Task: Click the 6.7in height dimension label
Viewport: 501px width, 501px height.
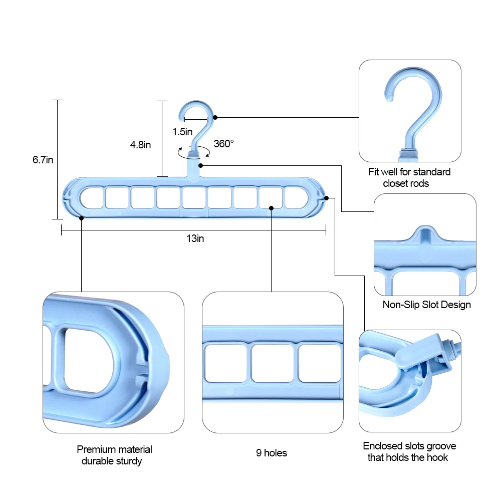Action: tap(43, 160)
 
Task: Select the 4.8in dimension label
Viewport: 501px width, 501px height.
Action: tap(140, 145)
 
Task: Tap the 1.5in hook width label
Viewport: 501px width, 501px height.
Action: tap(182, 132)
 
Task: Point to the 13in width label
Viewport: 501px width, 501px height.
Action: tap(195, 239)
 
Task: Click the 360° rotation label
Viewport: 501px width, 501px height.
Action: tap(224, 144)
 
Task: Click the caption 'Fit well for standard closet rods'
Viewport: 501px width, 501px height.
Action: tap(409, 178)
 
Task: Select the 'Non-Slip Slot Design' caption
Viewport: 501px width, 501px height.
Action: tap(426, 305)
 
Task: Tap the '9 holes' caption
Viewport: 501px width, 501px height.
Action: tap(272, 453)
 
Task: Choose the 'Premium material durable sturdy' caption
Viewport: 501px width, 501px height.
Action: tap(114, 455)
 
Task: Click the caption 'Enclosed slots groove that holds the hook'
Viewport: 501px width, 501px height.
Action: tap(409, 451)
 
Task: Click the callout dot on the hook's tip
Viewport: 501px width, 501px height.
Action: tap(215, 117)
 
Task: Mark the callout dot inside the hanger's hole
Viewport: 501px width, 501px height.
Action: tap(271, 207)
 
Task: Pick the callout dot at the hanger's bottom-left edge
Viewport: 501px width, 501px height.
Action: tap(81, 217)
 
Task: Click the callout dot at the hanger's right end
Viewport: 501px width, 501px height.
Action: tap(326, 198)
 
